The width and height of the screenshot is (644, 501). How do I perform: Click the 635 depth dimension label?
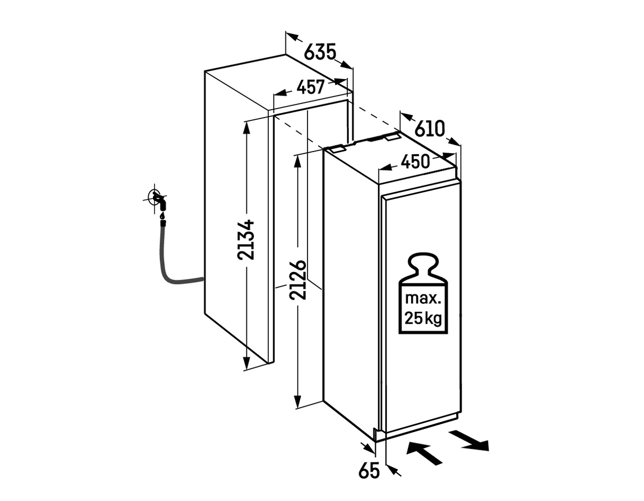pos(320,53)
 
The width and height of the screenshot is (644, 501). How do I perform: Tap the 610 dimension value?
pos(430,129)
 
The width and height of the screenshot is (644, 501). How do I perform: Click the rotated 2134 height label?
pos(245,239)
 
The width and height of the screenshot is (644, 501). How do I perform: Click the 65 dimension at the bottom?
pos(369,470)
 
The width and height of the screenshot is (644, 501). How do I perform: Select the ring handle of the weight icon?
pos(423,263)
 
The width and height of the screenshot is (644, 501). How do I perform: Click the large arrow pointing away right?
pos(470,440)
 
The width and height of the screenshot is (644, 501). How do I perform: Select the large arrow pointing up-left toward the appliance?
pos(424,452)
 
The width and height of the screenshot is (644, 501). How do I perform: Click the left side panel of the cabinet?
pos(236,215)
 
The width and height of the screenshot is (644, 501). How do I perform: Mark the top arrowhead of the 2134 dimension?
pos(246,126)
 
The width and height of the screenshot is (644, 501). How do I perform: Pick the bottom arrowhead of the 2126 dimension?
pos(296,400)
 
